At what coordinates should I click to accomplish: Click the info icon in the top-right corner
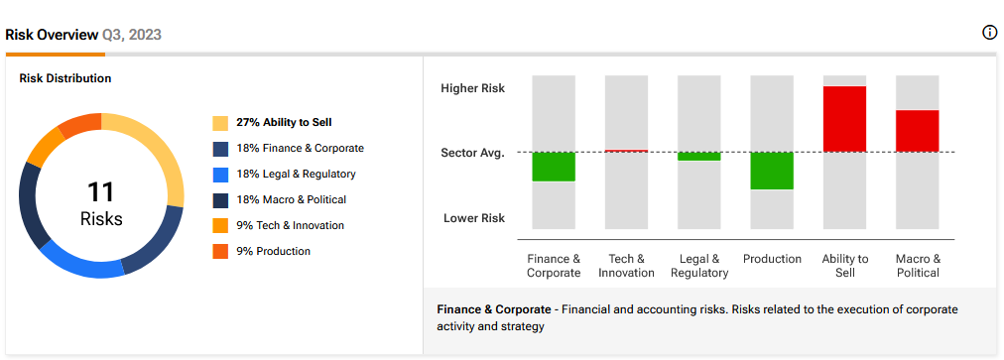pos(989,33)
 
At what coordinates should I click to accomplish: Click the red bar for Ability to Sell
pos(844,119)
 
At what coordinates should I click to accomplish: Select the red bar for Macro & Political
pos(917,131)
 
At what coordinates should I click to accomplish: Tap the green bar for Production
pos(772,171)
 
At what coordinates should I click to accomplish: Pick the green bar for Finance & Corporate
pos(554,167)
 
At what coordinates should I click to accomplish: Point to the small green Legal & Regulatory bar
pos(699,157)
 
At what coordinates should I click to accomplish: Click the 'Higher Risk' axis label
pos(472,88)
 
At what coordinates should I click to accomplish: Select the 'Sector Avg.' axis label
pos(472,153)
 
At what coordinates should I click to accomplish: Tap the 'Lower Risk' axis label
pos(474,218)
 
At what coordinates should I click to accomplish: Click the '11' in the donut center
pos(100,192)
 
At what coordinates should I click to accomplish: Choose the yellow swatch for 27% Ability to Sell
pos(220,123)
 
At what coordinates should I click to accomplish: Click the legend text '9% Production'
pos(274,251)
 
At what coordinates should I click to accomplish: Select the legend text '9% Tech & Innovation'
pos(290,225)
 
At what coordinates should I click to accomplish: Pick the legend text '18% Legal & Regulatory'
pos(296,175)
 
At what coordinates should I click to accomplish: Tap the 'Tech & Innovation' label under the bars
pos(626,266)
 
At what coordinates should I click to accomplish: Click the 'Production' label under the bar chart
pos(772,259)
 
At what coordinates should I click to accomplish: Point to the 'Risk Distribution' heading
pos(65,78)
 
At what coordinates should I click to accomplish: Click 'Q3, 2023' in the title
pos(132,35)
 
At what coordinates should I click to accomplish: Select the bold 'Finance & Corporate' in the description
pos(494,309)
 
